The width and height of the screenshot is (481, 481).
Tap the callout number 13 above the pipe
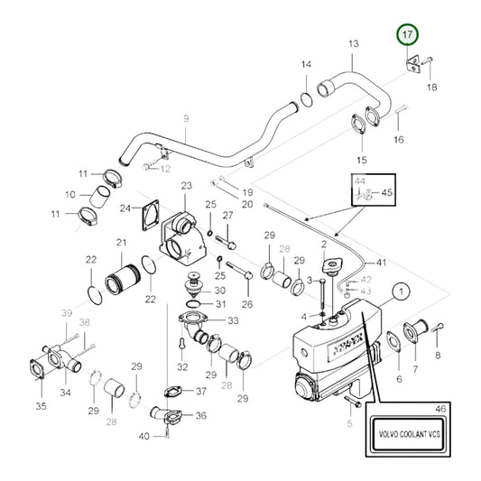point(353,43)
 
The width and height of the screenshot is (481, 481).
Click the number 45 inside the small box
point(388,192)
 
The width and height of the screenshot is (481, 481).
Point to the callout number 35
point(41,406)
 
